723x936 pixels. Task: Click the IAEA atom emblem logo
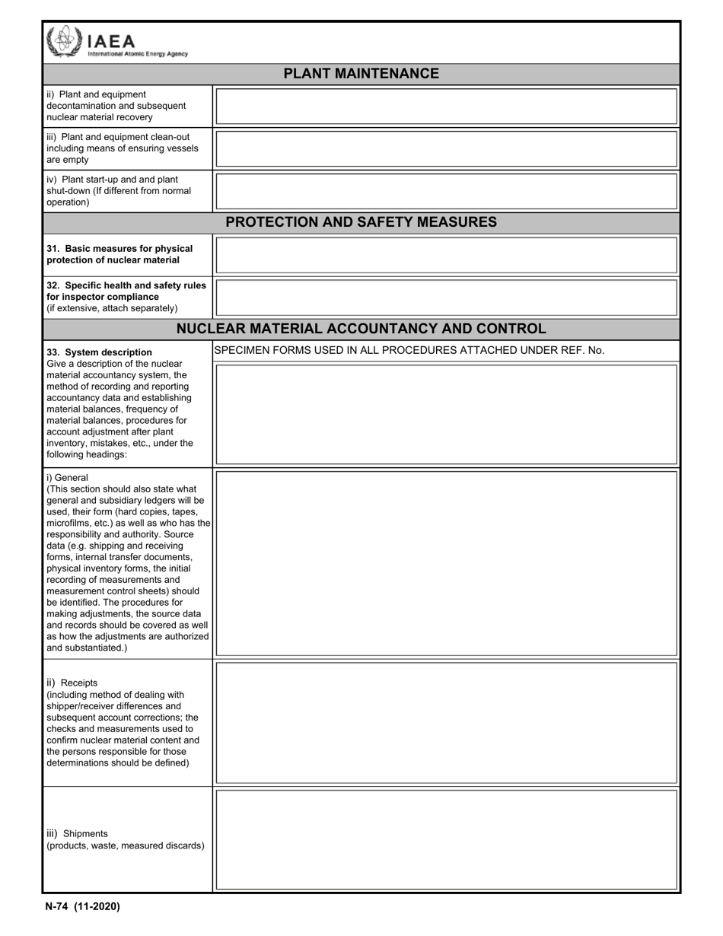tap(65, 41)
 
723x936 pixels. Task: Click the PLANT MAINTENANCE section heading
tap(361, 74)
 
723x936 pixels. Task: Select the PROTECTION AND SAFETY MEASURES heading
tap(361, 222)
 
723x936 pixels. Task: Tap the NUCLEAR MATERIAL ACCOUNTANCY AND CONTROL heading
tap(361, 329)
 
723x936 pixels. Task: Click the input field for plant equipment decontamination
tap(446, 107)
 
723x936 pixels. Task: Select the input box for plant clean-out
tap(446, 149)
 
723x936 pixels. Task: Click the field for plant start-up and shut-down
tap(446, 192)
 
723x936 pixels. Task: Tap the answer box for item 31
tap(446, 255)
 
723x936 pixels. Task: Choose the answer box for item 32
tap(446, 298)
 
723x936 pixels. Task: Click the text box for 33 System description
tap(446, 414)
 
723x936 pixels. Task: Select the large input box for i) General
tap(446, 563)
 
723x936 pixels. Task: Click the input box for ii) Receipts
tap(446, 722)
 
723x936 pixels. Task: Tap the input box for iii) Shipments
tap(446, 839)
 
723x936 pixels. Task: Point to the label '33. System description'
tap(99, 352)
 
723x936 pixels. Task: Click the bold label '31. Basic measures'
tap(119, 249)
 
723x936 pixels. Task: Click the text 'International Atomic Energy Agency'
tap(138, 54)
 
